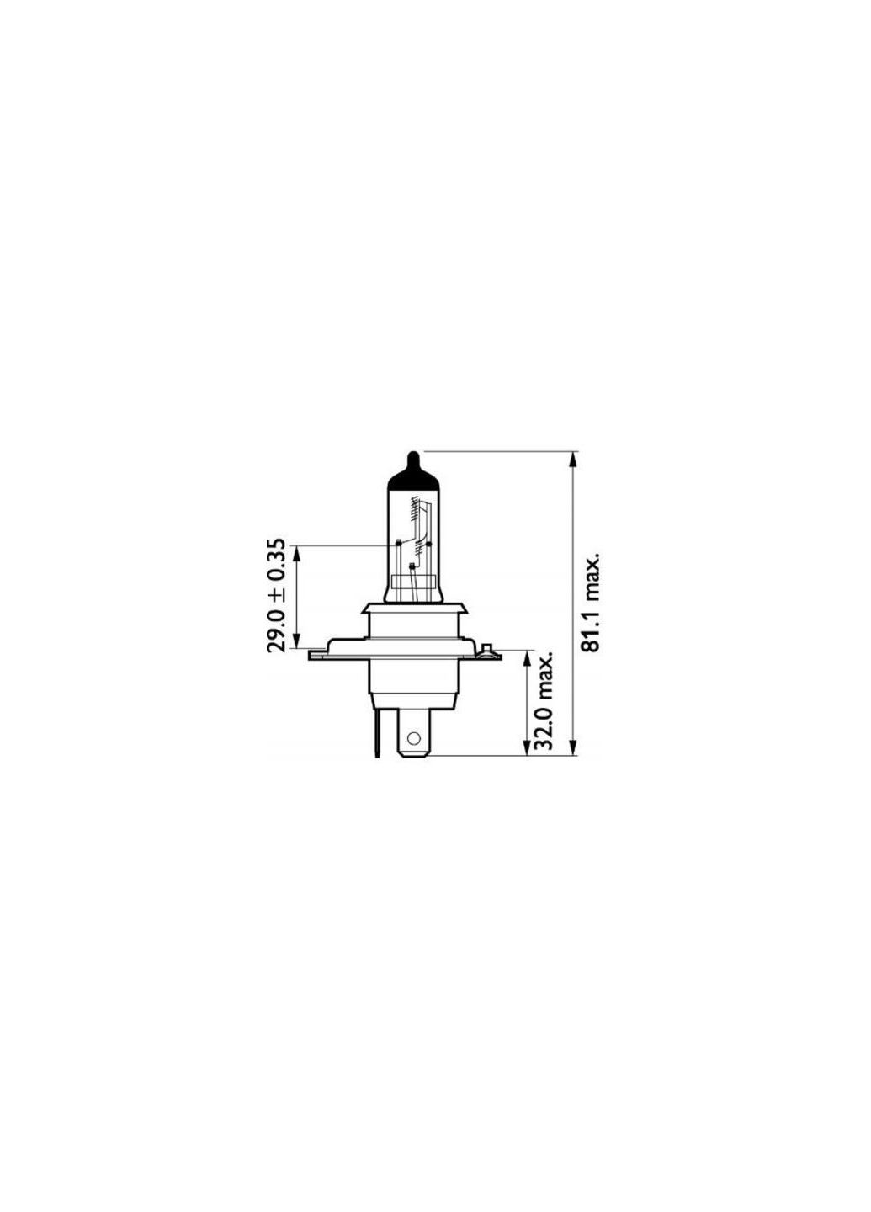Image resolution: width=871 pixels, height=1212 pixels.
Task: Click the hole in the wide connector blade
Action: (x=412, y=740)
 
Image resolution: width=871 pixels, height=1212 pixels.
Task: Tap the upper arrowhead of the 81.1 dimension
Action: (x=574, y=460)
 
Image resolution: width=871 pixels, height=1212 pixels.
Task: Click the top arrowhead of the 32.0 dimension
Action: (x=528, y=657)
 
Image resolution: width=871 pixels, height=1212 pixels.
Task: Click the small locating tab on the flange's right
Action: (x=485, y=650)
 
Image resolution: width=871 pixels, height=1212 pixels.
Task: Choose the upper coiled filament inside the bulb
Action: (x=413, y=509)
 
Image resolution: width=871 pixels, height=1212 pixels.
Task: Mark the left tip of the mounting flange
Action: (x=312, y=654)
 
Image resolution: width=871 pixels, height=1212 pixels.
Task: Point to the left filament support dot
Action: (x=395, y=542)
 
